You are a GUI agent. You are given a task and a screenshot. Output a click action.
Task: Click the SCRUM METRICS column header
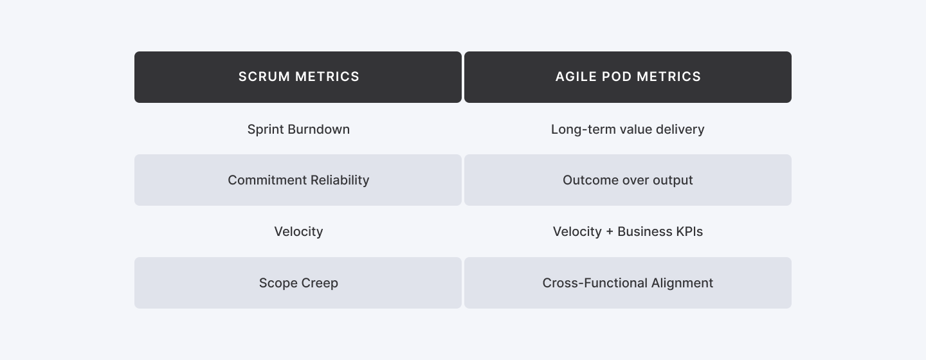pyautogui.click(x=298, y=77)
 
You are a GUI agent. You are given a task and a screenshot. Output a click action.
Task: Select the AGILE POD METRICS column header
pyautogui.click(x=628, y=77)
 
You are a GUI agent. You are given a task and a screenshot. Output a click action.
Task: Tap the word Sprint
pyautogui.click(x=266, y=129)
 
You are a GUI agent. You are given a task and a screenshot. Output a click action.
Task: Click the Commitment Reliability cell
pyautogui.click(x=298, y=180)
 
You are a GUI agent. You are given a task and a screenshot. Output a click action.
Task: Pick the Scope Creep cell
pyautogui.click(x=298, y=283)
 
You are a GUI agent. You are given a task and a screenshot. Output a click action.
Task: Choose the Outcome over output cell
pyautogui.click(x=628, y=180)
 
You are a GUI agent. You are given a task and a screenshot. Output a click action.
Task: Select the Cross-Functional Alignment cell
pyautogui.click(x=628, y=283)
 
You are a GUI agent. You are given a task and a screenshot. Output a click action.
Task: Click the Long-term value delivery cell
pyautogui.click(x=628, y=129)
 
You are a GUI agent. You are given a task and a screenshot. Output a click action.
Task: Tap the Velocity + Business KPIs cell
pyautogui.click(x=628, y=231)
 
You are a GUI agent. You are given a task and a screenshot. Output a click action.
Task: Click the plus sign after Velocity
pyautogui.click(x=610, y=232)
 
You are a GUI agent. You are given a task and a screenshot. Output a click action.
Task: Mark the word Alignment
pyautogui.click(x=682, y=283)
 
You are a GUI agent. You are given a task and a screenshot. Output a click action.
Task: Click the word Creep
pyautogui.click(x=318, y=283)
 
